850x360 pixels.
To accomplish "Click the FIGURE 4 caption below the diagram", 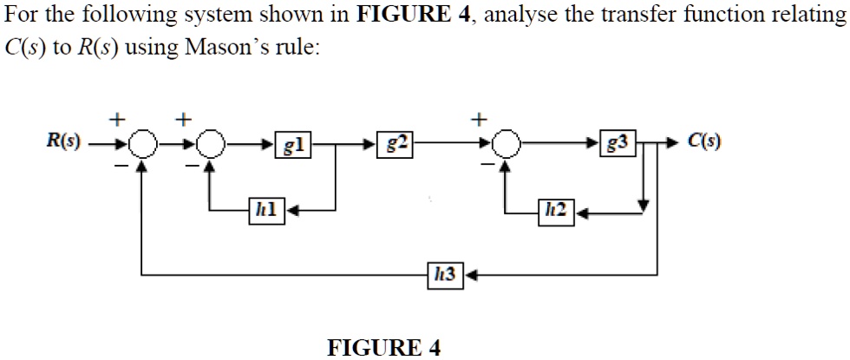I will coord(383,348).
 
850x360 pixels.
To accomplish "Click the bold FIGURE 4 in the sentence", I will coord(407,16).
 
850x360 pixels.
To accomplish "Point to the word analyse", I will coord(524,16).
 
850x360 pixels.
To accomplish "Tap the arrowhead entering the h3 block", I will coord(469,275).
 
